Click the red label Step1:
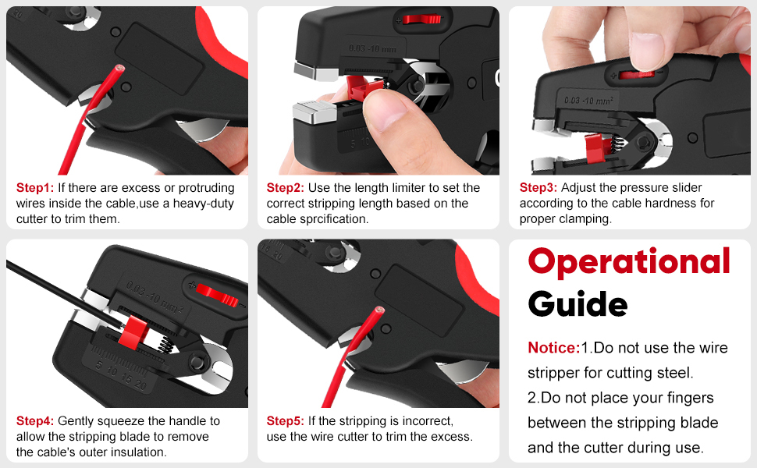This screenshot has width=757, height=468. coord(35,188)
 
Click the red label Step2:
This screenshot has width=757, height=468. coord(286,188)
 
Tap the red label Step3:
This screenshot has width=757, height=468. coord(538,188)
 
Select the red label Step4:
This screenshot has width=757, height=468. coord(35,420)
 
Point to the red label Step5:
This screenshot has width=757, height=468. coord(286,420)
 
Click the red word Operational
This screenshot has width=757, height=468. coord(629,262)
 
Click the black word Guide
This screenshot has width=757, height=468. coord(578,304)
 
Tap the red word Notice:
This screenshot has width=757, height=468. coord(554,347)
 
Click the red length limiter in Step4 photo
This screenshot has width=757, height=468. coord(133,332)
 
